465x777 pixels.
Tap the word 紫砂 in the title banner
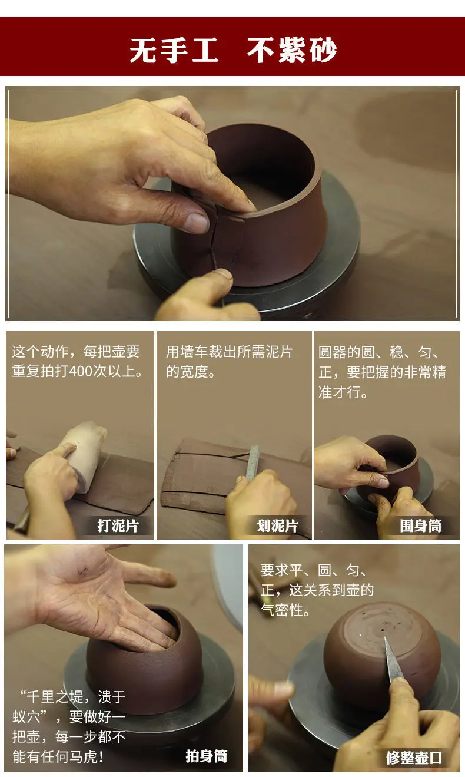tap(308, 51)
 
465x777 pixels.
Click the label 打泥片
tap(118, 525)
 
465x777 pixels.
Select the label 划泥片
tap(278, 525)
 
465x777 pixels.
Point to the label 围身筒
tap(421, 525)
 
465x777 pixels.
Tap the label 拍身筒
tap(207, 756)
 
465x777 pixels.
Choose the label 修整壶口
tap(414, 758)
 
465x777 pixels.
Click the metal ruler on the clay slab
tap(252, 462)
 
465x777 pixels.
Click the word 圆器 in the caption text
tap(333, 352)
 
